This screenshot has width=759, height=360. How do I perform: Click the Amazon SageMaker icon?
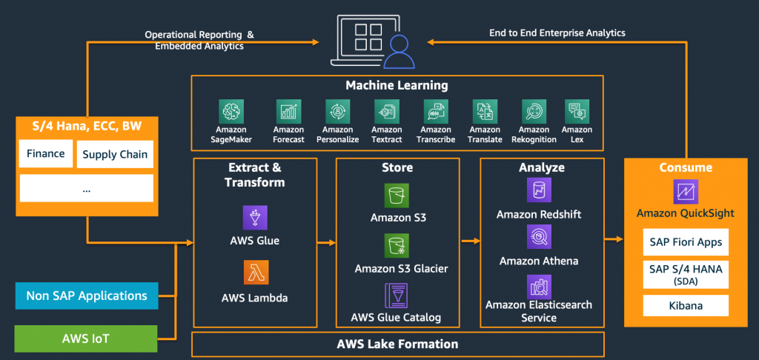pos(232,112)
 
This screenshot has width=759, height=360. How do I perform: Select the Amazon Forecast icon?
pos(288,112)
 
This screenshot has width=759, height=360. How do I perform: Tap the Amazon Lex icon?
pos(577,112)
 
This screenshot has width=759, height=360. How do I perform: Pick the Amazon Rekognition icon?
pos(534,112)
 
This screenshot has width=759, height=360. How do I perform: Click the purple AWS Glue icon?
pos(254,217)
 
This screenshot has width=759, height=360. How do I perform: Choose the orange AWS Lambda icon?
pos(254,272)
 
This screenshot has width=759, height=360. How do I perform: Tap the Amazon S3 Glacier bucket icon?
pos(397,245)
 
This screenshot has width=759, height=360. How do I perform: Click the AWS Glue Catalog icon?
pos(397,295)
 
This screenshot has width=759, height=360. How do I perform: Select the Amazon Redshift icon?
pos(539,190)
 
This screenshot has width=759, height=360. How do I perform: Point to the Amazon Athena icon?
pos(539,237)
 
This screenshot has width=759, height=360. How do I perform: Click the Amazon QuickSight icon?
pos(686,192)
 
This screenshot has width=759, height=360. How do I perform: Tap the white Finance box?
pos(45,154)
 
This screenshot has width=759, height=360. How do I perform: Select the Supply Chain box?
pos(115,154)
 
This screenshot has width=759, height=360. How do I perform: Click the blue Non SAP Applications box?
pos(87,296)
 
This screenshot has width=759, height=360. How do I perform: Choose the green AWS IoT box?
pos(87,339)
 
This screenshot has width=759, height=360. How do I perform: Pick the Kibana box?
pos(686,305)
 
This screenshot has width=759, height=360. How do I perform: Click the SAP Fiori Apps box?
pos(686,242)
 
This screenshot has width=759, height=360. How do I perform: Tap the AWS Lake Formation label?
pos(397,344)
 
